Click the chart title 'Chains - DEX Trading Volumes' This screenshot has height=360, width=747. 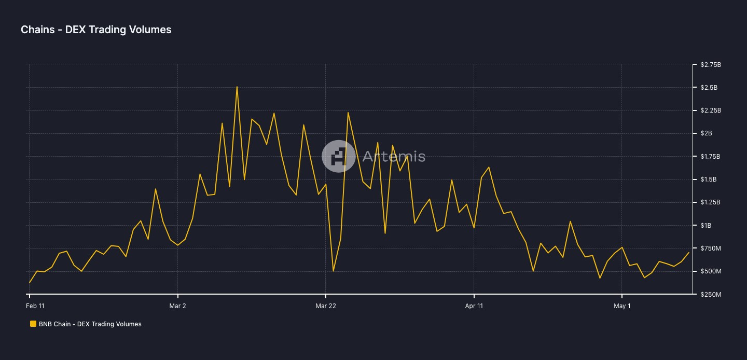96,30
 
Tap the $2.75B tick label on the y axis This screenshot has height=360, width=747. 710,65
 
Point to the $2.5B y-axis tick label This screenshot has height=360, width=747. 709,88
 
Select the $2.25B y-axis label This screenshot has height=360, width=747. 710,110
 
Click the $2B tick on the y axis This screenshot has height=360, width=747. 706,133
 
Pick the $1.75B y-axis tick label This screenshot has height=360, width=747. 710,157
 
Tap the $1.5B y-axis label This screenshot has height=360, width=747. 709,179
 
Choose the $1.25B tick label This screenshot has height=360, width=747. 710,202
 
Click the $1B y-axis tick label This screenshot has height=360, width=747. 706,225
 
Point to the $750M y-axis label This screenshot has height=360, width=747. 710,248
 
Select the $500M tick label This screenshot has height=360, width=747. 710,271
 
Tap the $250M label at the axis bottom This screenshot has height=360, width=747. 710,294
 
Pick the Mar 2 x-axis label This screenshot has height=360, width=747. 177,306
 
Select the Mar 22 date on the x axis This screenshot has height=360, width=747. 326,306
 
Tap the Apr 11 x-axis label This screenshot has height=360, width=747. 474,306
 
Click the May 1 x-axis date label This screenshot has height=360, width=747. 622,306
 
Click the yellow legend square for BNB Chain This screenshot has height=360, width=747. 33,324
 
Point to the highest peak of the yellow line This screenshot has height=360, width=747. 237,87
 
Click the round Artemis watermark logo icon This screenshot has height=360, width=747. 339,156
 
